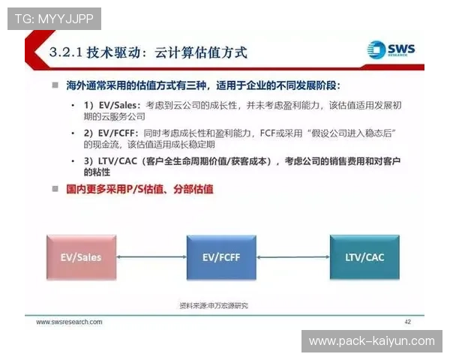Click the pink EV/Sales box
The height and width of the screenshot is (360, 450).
[x=81, y=257]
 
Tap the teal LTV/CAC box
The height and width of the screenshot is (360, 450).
[x=364, y=257]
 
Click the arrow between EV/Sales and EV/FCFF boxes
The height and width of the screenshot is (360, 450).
[x=151, y=257]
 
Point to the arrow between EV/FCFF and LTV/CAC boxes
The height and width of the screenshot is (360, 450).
[x=293, y=257]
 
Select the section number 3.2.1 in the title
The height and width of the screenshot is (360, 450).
[x=65, y=53]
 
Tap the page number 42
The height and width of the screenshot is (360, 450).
[x=408, y=322]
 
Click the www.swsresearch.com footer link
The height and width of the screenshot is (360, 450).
[x=70, y=322]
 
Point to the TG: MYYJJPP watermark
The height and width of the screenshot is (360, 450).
[x=53, y=17]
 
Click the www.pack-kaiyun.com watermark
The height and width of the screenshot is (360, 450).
[x=371, y=341]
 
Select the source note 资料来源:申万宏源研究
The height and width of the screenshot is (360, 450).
[x=213, y=305]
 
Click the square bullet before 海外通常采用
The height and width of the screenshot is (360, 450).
[x=55, y=85]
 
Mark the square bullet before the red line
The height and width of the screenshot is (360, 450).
[x=55, y=189]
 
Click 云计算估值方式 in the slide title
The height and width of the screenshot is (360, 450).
[x=200, y=53]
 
